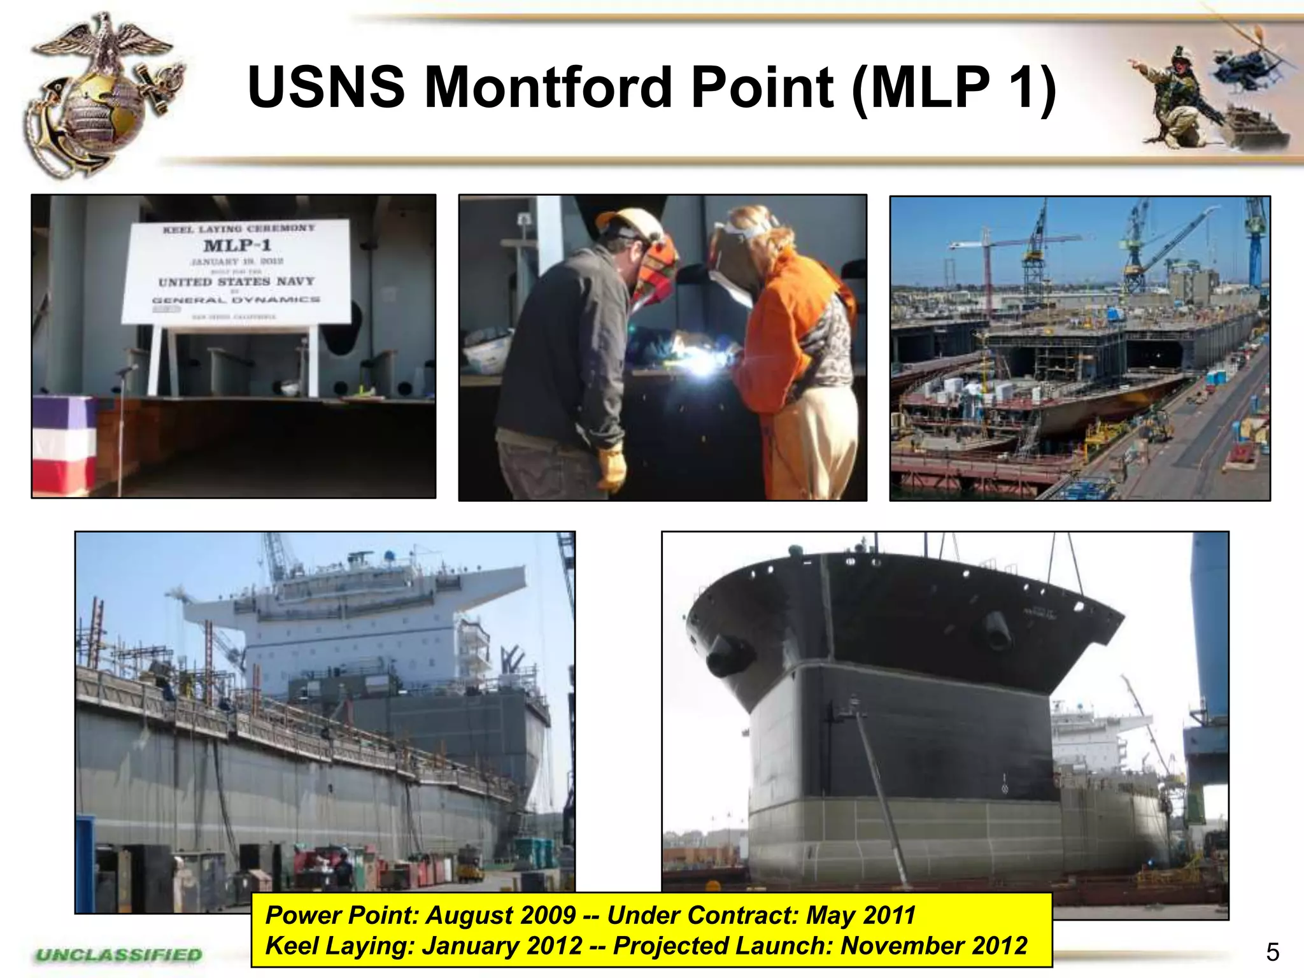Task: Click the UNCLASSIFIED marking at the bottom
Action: (x=119, y=954)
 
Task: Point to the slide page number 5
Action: (x=1272, y=953)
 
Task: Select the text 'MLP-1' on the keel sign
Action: (x=237, y=245)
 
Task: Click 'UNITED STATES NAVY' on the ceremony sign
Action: (x=236, y=281)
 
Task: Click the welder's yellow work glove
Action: (x=611, y=468)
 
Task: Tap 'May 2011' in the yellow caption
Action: (x=860, y=915)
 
